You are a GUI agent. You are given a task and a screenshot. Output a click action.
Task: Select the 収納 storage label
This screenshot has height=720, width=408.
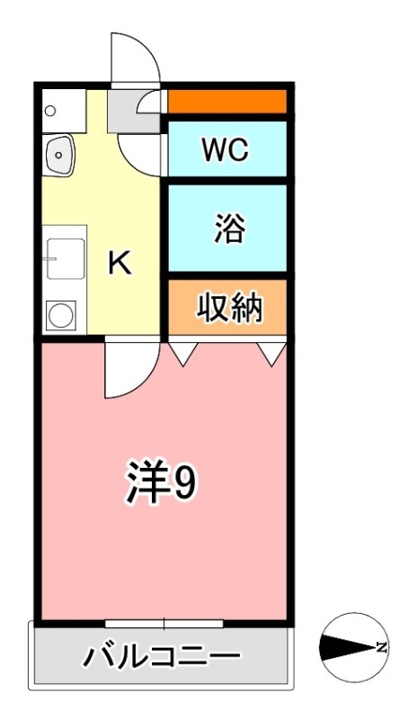coord(229,309)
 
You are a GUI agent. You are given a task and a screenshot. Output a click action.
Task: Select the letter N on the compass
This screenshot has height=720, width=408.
coord(382,647)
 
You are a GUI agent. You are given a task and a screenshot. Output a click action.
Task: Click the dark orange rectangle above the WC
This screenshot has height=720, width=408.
coord(227,102)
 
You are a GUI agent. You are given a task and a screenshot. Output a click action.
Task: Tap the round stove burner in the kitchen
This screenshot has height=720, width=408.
coord(61,315)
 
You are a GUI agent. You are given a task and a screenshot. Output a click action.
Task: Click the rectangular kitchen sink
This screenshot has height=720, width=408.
coord(65,259)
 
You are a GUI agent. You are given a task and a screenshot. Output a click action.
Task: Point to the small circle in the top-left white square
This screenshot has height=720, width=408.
coord(50,112)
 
